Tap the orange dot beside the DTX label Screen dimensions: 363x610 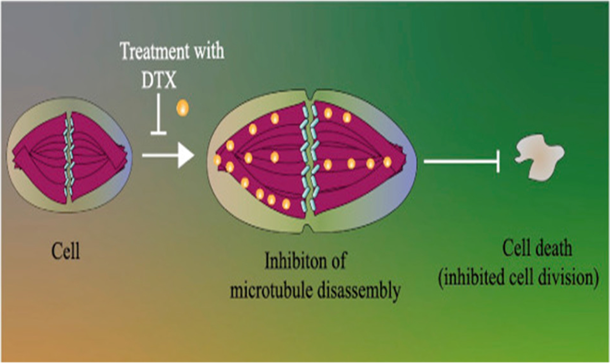181,108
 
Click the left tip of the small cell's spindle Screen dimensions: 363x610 12,152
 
